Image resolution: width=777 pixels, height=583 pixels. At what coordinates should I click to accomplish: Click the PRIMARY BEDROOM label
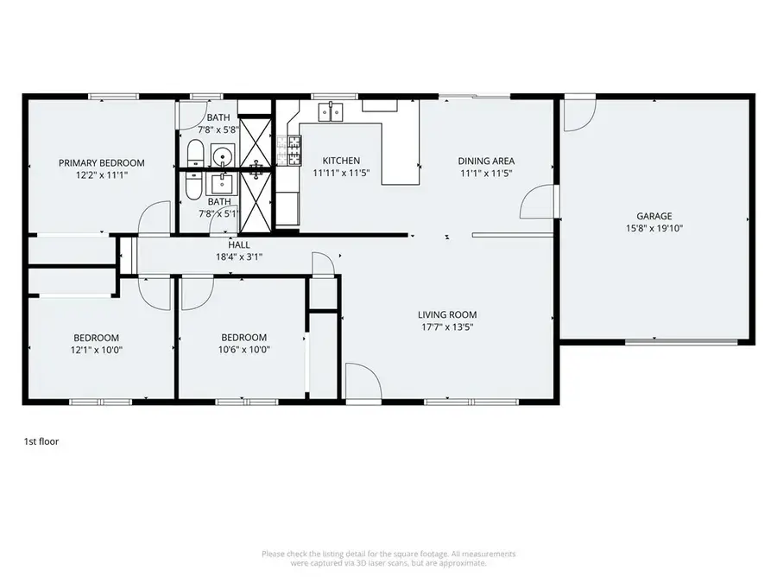coord(102,162)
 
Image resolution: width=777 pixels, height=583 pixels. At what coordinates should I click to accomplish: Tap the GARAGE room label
coord(654,216)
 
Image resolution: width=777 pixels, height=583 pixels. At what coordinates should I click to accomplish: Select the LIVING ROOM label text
coord(447,314)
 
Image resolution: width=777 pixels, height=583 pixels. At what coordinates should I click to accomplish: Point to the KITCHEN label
coord(341,161)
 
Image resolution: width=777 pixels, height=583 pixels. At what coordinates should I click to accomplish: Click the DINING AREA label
coord(486,162)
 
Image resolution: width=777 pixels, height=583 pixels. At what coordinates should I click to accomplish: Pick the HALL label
coord(239,244)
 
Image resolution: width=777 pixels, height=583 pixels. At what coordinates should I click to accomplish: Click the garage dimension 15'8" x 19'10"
coord(654,229)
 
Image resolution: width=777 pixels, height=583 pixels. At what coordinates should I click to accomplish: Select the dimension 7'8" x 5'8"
coord(218,130)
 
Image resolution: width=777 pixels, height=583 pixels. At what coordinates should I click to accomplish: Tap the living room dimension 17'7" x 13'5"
coord(447,326)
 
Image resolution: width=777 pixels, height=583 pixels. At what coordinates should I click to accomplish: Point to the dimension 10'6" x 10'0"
coord(243,350)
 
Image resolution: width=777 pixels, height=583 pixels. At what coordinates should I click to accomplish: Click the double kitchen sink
coord(331,111)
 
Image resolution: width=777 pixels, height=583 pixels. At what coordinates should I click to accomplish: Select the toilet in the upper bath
coord(195,153)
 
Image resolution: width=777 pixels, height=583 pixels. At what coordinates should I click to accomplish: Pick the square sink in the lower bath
coord(222,184)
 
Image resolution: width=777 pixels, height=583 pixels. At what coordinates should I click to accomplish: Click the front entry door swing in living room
coord(363,381)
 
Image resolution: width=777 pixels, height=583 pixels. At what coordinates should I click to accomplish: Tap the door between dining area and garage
coord(538,202)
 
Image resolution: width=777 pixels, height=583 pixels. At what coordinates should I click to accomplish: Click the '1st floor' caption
coord(41,441)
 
